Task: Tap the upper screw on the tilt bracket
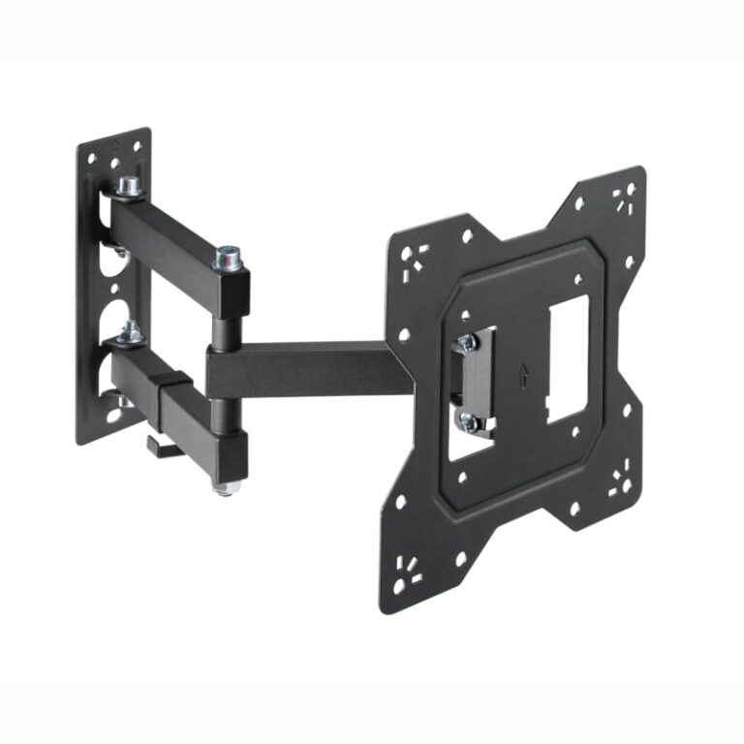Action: pos(467,342)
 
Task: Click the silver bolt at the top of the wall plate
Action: pos(126,185)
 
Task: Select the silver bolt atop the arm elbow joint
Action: pos(228,258)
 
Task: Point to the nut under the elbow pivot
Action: pos(225,486)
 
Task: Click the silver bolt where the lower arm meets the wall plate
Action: pos(129,332)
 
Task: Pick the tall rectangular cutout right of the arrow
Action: pos(568,359)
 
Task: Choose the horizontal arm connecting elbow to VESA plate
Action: pos(310,369)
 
